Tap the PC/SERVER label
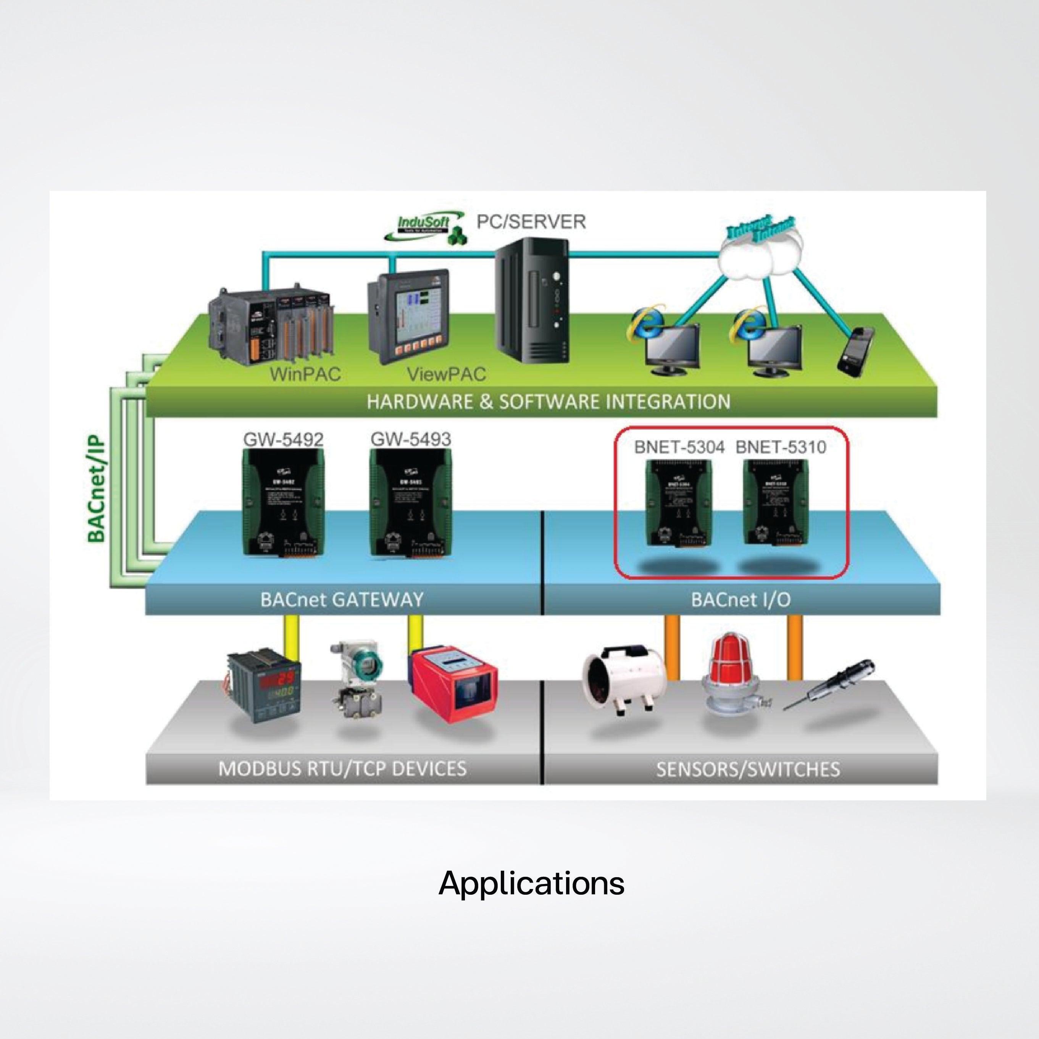tap(531, 221)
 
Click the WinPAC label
tap(305, 374)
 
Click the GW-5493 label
tap(410, 439)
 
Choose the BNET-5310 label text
tap(780, 447)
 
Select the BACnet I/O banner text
tap(741, 600)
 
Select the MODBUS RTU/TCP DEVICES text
tap(342, 768)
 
